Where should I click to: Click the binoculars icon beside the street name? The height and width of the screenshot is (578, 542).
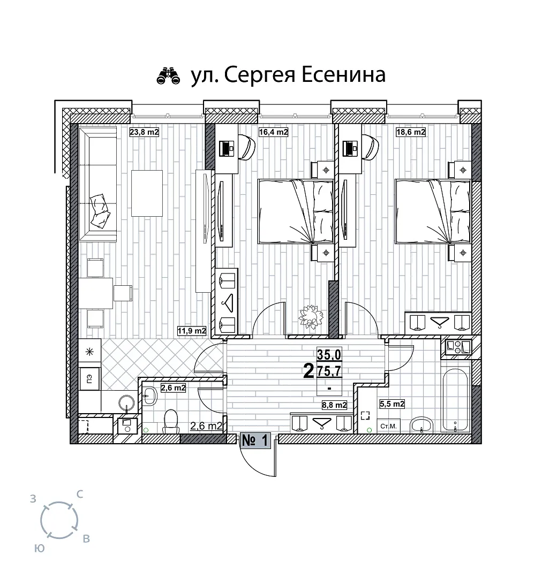tap(168, 76)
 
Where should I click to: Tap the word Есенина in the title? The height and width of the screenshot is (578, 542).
tap(344, 75)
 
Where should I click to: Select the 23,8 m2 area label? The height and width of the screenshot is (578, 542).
tap(144, 132)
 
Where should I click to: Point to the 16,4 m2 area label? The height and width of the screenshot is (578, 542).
tap(273, 132)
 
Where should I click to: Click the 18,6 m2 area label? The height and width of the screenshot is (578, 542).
tap(411, 132)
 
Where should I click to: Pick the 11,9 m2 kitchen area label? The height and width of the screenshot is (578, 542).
tap(192, 331)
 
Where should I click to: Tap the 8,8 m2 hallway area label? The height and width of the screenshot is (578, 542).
tap(334, 405)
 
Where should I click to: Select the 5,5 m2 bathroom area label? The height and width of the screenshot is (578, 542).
tap(392, 404)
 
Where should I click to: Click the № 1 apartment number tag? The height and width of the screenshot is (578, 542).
tap(255, 440)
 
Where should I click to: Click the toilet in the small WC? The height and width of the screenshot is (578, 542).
tap(170, 421)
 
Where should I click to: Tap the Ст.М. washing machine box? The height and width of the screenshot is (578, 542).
tap(388, 426)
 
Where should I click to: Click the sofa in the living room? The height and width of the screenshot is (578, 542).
tap(98, 184)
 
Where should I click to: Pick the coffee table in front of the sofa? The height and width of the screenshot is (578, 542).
tap(147, 193)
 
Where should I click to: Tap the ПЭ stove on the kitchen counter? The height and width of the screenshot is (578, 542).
tap(89, 378)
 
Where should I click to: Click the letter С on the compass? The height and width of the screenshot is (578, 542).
tap(80, 495)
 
